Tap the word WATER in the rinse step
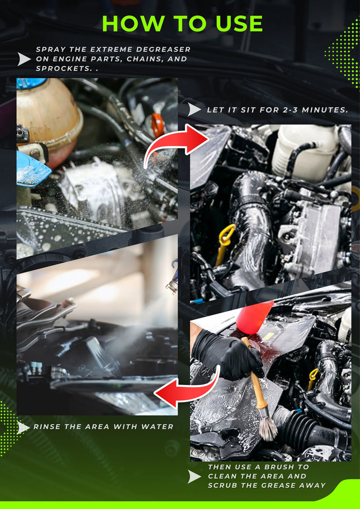point(156,427)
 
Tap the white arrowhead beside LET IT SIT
point(194,110)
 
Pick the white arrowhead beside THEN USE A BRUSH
point(194,477)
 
